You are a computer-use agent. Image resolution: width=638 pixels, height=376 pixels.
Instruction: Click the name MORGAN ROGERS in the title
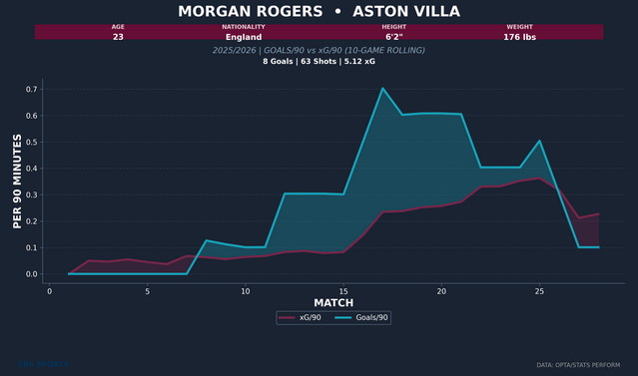click(x=236, y=12)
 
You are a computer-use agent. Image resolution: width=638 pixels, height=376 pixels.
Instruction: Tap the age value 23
click(x=118, y=36)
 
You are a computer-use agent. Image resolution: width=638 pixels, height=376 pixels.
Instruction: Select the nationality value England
click(x=244, y=36)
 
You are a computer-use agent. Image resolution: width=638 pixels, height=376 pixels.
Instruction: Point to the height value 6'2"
click(x=393, y=36)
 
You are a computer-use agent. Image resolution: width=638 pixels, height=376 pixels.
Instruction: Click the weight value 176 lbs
click(x=519, y=36)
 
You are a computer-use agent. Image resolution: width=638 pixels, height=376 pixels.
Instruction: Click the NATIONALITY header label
click(x=244, y=27)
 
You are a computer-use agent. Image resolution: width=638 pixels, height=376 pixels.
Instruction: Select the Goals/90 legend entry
click(x=362, y=317)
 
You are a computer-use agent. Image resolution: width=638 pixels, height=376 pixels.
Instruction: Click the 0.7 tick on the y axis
click(x=30, y=90)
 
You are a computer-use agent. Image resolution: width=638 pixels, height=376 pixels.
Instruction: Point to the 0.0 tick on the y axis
click(x=30, y=274)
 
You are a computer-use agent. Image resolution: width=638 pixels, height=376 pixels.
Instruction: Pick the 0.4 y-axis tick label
click(x=30, y=169)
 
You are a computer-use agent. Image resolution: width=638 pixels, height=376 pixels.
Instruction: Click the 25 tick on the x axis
click(x=539, y=290)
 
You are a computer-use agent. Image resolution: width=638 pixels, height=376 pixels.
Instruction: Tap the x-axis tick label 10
click(x=245, y=290)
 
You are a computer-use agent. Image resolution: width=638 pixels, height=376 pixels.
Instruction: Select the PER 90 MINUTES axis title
click(x=18, y=183)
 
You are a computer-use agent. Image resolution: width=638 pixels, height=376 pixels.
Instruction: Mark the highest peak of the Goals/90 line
click(x=382, y=88)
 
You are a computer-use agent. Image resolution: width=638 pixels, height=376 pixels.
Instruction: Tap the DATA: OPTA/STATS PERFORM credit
click(x=584, y=365)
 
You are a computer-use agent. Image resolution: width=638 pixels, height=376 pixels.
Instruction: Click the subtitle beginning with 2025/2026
click(x=319, y=50)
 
